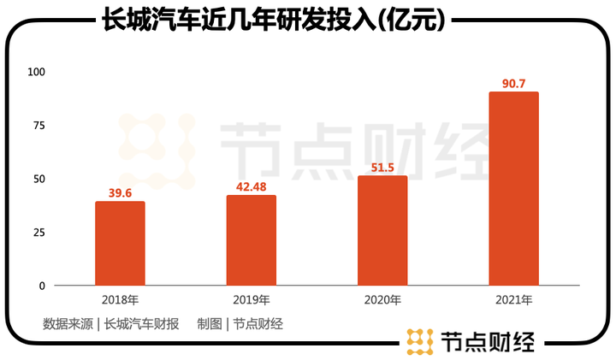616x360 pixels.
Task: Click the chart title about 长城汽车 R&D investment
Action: click(x=271, y=21)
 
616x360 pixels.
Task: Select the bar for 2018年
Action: click(x=120, y=244)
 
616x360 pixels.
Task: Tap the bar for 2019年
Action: click(x=251, y=240)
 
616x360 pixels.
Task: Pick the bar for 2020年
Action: click(x=382, y=231)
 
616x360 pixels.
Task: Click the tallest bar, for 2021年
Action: click(x=513, y=189)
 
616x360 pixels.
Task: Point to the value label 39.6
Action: click(x=120, y=193)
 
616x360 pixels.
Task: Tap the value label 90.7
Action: click(x=513, y=84)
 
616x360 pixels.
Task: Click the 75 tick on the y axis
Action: click(x=38, y=125)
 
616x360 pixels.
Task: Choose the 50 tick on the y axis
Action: click(x=38, y=179)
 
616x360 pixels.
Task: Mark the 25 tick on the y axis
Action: click(x=38, y=233)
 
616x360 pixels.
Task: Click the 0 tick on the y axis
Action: click(x=41, y=286)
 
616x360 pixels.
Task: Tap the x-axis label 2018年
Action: click(x=120, y=300)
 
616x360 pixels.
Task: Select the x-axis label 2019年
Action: click(x=251, y=300)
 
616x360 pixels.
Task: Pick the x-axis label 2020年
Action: click(x=382, y=300)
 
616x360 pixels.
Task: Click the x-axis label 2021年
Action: click(x=513, y=300)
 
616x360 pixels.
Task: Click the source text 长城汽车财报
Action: click(x=142, y=323)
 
